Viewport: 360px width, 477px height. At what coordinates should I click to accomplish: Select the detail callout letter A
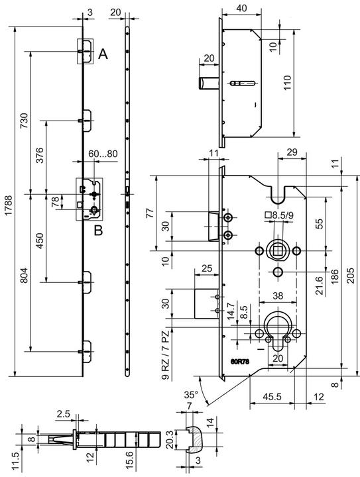point(103,54)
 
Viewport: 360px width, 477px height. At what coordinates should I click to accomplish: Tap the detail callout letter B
point(98,231)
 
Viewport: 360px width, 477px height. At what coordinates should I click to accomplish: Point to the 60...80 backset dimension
point(103,154)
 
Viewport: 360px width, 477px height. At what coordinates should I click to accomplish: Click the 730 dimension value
point(24,121)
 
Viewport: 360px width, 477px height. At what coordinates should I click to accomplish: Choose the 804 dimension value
point(24,276)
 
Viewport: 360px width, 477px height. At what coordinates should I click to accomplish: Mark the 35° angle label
point(191,395)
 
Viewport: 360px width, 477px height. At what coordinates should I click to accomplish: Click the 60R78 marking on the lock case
point(240,362)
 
